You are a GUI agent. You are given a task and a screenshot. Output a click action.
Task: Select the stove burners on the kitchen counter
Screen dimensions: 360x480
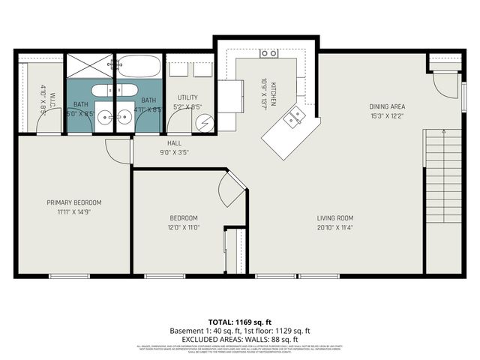click(x=268, y=53)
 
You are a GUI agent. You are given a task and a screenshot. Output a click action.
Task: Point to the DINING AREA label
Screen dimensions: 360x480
click(x=387, y=106)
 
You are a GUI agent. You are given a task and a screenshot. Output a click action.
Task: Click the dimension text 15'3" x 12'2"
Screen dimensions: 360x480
click(x=387, y=116)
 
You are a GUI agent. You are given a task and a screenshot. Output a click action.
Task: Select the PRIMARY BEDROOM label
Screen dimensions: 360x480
click(x=73, y=202)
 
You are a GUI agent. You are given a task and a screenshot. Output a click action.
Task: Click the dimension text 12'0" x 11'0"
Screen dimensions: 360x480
click(x=184, y=227)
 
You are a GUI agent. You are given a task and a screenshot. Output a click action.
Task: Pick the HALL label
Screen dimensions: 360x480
click(x=174, y=142)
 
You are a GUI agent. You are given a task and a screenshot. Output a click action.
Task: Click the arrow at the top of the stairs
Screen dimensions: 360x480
click(x=445, y=133)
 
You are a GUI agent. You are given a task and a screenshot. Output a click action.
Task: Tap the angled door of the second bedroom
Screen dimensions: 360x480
click(x=235, y=187)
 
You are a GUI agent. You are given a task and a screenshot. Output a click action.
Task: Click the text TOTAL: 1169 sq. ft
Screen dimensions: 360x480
click(x=239, y=320)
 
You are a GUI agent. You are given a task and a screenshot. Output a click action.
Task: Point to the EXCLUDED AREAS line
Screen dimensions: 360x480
click(x=239, y=339)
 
